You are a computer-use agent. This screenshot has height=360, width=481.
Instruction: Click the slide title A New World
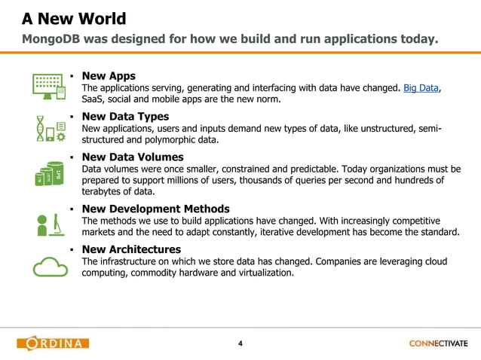(x=73, y=18)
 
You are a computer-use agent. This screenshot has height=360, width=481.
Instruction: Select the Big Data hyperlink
(x=421, y=88)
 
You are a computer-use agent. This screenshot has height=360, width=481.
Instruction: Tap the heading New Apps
(x=109, y=75)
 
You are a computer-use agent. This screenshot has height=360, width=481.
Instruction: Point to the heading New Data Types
(x=125, y=117)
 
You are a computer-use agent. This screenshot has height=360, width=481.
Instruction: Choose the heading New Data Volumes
(x=133, y=157)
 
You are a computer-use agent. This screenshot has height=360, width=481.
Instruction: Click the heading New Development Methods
(x=156, y=209)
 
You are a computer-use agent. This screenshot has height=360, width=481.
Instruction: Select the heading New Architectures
(x=131, y=249)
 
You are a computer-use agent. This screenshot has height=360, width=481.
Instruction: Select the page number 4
(x=240, y=344)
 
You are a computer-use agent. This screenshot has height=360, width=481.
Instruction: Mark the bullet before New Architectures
(x=70, y=249)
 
